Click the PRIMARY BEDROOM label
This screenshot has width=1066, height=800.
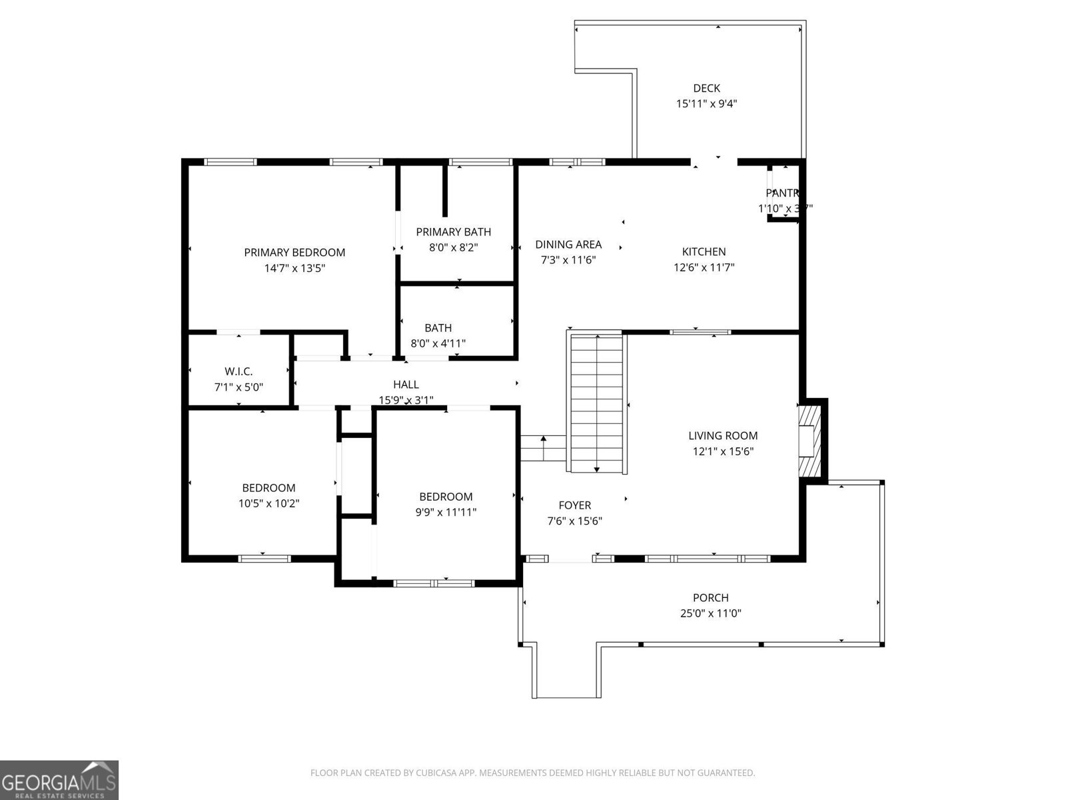click(294, 253)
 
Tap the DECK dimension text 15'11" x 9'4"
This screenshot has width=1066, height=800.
click(706, 104)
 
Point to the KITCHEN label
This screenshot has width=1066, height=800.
click(704, 252)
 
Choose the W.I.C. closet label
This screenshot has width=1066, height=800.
click(239, 371)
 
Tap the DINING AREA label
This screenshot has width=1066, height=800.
click(568, 245)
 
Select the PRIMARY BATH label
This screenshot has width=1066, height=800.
click(453, 232)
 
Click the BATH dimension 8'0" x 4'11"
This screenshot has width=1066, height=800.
click(438, 344)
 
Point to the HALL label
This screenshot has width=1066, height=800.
click(406, 385)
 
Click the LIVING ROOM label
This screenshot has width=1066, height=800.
click(723, 436)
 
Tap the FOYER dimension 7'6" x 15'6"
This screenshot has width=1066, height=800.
click(574, 521)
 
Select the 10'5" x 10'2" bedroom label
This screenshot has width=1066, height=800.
click(268, 504)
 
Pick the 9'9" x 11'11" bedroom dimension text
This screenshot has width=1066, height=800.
click(446, 513)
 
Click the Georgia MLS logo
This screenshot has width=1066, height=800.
click(59, 779)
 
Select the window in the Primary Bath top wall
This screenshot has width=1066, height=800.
click(480, 161)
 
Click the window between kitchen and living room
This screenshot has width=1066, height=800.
click(700, 331)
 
